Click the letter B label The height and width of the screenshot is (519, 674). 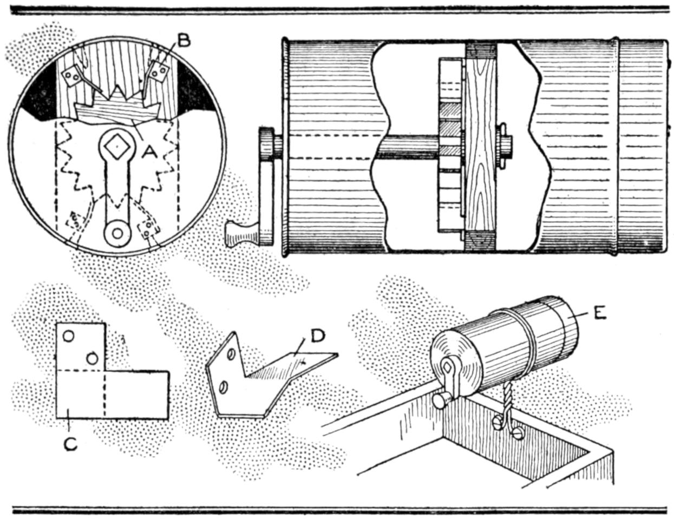pos(184,41)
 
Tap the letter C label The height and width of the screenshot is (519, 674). pos(70,443)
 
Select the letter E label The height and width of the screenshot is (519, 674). pos(598,313)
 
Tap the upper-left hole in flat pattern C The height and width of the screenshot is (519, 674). pos(69,336)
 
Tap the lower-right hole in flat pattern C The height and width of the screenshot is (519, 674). pos(93,358)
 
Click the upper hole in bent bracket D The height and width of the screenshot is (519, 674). pos(231,355)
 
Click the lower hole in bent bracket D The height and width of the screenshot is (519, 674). pos(223,387)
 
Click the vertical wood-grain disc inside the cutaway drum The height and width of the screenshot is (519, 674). pos(480,146)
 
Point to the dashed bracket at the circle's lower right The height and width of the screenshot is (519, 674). pos(149,229)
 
